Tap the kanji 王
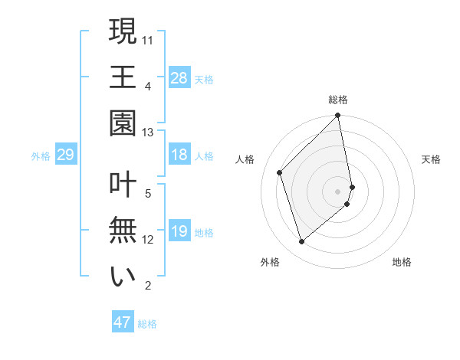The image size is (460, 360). [x=123, y=77]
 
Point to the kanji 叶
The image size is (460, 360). [x=123, y=185]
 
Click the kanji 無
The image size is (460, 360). [x=123, y=231]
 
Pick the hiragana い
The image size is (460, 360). [x=123, y=277]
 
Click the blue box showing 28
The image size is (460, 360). [x=179, y=77]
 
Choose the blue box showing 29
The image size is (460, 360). [x=65, y=155]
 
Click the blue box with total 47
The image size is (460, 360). [x=122, y=322]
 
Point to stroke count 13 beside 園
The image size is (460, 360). [x=148, y=133]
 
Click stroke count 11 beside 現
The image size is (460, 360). [x=148, y=38]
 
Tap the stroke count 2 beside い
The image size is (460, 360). [x=148, y=286]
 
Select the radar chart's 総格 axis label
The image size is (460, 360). [x=338, y=100]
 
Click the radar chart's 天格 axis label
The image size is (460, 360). [x=431, y=159]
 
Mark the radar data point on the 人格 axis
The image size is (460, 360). [x=280, y=172]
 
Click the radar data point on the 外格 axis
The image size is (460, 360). [x=302, y=242]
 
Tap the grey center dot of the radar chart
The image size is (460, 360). [x=338, y=191]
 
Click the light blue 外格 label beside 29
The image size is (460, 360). [x=41, y=156]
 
